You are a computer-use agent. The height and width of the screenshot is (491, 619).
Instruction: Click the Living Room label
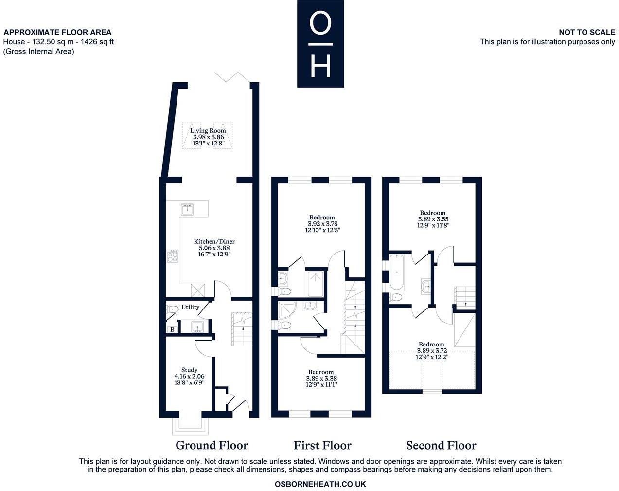click(x=208, y=131)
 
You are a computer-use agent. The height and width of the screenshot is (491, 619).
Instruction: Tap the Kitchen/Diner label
click(x=214, y=242)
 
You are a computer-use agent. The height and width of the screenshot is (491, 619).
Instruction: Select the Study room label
click(x=189, y=370)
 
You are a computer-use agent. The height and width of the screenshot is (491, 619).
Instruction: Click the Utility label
click(x=190, y=307)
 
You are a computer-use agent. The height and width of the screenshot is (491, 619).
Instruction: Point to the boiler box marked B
click(x=172, y=329)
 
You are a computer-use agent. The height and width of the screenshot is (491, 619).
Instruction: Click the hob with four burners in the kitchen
click(x=173, y=256)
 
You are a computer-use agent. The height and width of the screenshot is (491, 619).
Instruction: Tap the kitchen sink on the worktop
click(x=188, y=209)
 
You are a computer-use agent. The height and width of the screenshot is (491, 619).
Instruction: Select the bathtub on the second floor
click(x=397, y=273)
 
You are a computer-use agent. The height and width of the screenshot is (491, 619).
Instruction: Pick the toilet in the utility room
click(x=172, y=309)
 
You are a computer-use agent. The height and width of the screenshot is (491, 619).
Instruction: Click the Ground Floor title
click(x=212, y=445)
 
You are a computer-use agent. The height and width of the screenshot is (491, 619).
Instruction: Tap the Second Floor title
click(x=441, y=445)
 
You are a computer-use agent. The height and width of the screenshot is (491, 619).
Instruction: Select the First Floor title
click(x=322, y=445)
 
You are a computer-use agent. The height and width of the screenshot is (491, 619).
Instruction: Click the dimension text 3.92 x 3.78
click(x=323, y=224)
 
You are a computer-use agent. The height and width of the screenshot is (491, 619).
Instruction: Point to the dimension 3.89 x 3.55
click(x=433, y=219)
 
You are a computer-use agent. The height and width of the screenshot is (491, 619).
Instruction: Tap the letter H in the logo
click(x=320, y=66)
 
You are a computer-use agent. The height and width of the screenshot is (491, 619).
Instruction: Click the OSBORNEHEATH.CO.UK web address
click(x=320, y=484)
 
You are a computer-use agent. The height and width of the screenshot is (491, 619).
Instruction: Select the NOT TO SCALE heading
click(x=587, y=32)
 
